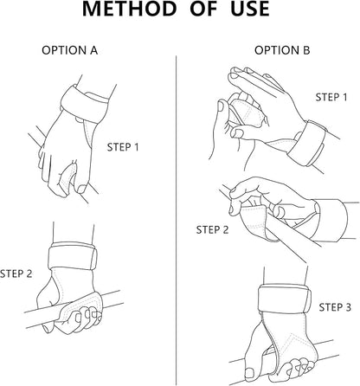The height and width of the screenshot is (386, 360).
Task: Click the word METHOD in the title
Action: [x=129, y=9]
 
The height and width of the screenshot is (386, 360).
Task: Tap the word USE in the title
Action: [x=250, y=9]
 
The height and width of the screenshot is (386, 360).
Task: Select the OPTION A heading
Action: [x=70, y=50]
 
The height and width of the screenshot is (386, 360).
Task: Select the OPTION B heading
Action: [x=282, y=50]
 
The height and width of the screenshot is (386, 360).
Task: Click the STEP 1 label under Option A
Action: [x=123, y=147]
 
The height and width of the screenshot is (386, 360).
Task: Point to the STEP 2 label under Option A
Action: [x=16, y=273]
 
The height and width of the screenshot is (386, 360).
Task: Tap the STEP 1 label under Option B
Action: [x=331, y=97]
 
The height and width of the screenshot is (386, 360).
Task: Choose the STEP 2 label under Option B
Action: [x=212, y=230]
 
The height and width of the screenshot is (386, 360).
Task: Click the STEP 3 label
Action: [x=335, y=307]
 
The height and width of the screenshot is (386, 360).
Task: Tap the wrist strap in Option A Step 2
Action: [x=72, y=256]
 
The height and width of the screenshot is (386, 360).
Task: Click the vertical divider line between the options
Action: [x=176, y=220]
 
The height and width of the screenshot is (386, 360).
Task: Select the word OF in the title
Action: [x=203, y=9]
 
